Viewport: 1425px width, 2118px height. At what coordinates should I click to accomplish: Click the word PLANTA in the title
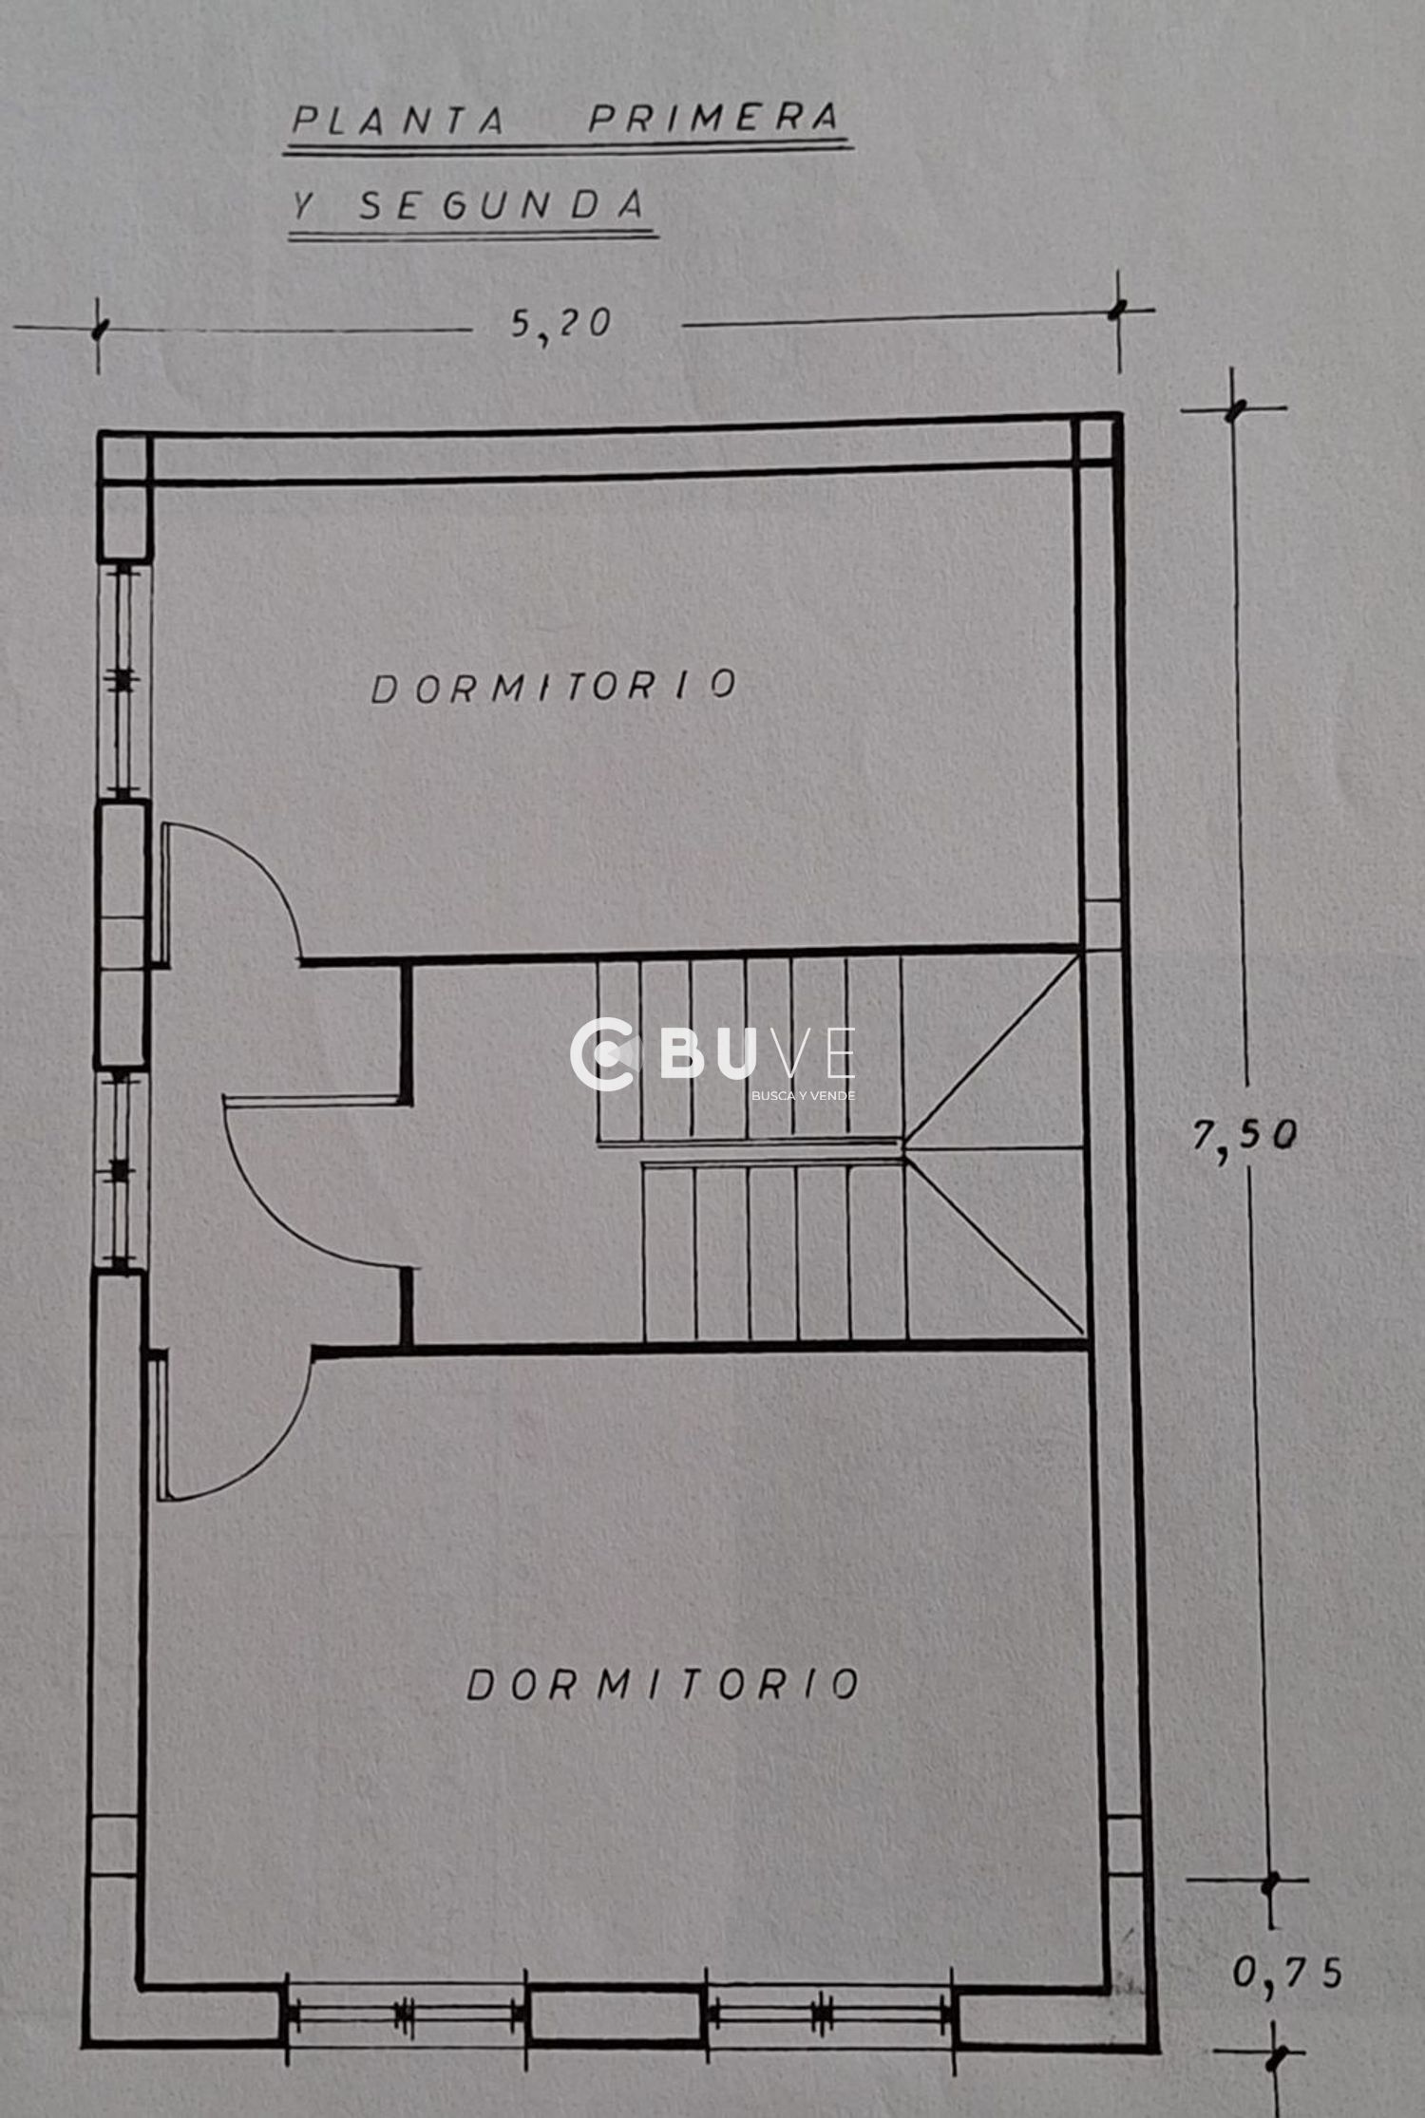tap(398, 121)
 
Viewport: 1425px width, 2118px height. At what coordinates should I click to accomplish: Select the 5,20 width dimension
tap(560, 325)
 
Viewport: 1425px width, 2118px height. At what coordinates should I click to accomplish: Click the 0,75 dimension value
tap(1288, 1973)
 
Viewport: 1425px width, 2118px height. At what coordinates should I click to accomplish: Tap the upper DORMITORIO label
tap(554, 687)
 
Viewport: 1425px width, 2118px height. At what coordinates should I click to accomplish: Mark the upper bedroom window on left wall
tap(122, 680)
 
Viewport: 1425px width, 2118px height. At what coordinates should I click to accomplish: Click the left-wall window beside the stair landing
tap(119, 1171)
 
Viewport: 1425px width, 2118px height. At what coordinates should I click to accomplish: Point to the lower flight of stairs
tap(774, 1254)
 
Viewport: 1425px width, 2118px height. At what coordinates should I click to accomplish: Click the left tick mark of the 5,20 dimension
tap(98, 330)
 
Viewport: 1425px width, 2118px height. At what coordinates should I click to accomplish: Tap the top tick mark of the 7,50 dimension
tap(1234, 410)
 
